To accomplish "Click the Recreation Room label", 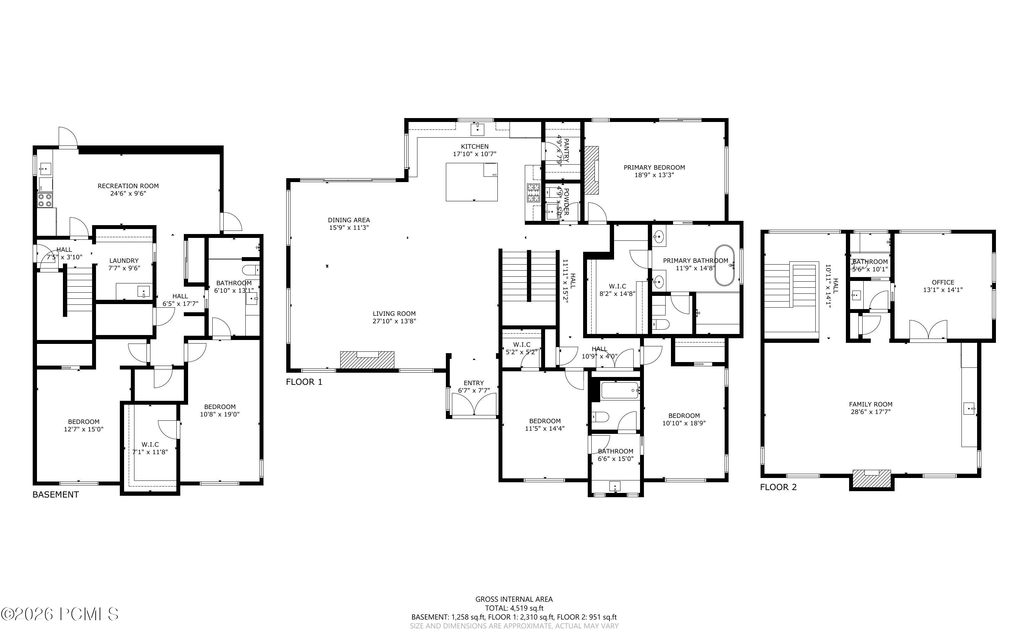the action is tap(128, 190).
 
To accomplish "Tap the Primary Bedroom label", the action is tap(654, 171).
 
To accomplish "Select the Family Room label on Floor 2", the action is tap(870, 408).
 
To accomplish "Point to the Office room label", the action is tap(943, 286).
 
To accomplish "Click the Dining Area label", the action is tap(348, 224).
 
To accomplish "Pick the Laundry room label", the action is tap(124, 264).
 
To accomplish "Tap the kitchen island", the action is tap(472, 182).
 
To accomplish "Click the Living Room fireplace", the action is tap(367, 360).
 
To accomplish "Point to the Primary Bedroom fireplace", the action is tap(592, 170).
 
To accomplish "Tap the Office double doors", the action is tap(928, 330).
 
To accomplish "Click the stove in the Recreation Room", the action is tap(45, 200).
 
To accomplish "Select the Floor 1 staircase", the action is tap(529, 276).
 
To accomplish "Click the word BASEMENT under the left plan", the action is tap(56, 495).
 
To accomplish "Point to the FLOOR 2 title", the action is tap(778, 487).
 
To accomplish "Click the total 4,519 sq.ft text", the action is tap(514, 608).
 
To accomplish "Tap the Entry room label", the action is tap(474, 387).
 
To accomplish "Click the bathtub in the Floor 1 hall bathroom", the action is tap(620, 390).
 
